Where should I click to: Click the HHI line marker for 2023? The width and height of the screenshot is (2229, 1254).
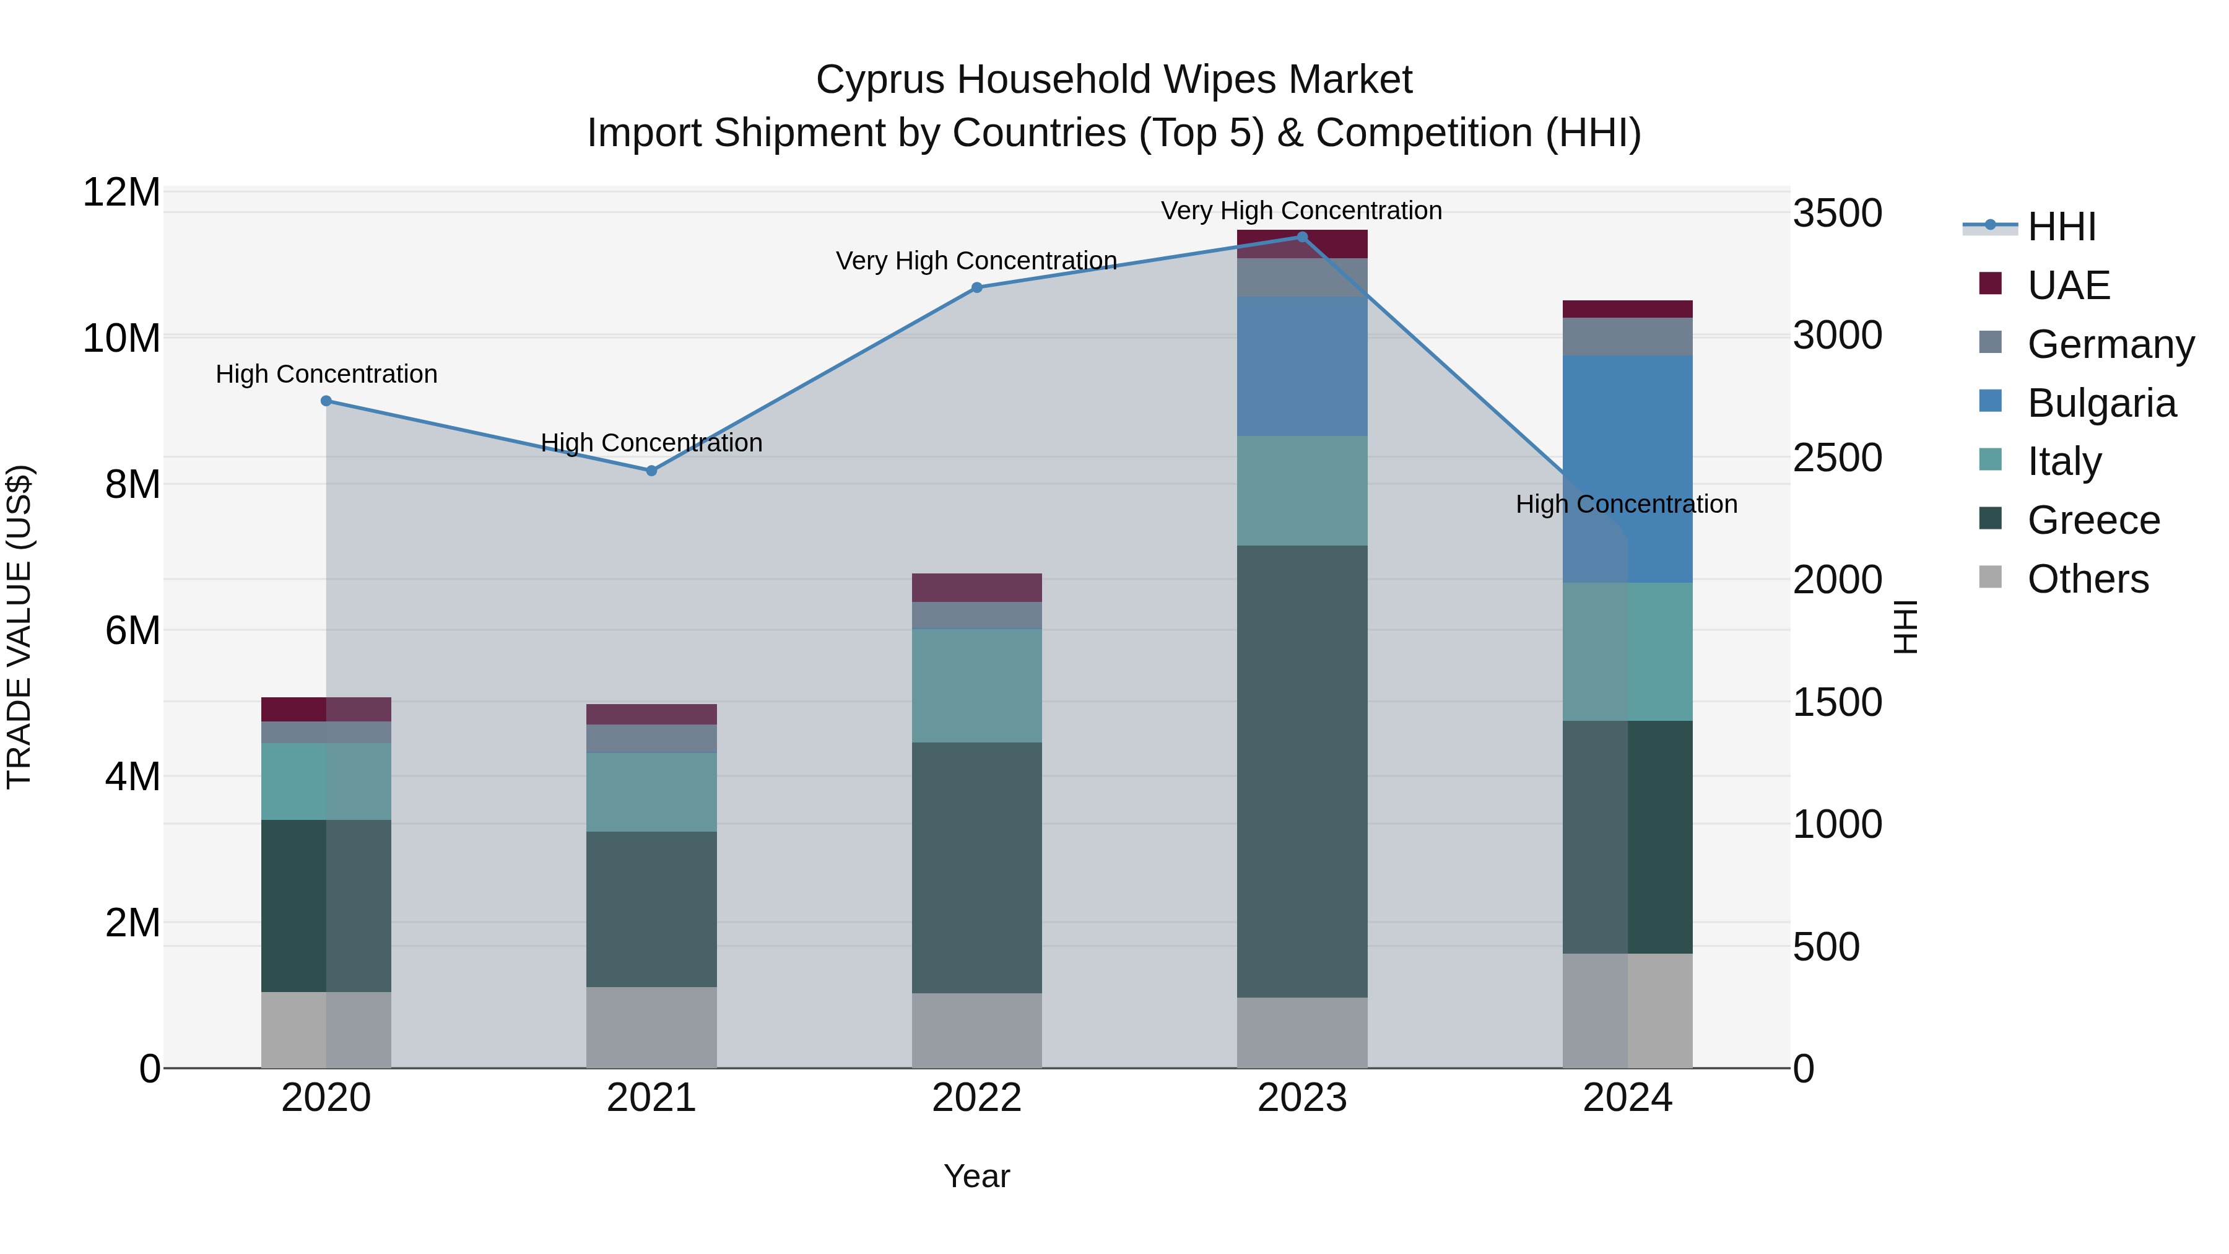(x=1301, y=237)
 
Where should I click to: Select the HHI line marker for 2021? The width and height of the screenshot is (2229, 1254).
(x=651, y=471)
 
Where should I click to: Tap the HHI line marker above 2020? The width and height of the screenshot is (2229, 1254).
(x=326, y=401)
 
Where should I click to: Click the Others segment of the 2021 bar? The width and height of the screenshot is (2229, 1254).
(x=651, y=1027)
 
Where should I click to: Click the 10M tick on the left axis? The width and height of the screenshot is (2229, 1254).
(x=121, y=338)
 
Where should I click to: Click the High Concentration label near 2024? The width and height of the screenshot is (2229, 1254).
(x=1626, y=503)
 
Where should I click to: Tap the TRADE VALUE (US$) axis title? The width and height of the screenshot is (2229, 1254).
(x=20, y=627)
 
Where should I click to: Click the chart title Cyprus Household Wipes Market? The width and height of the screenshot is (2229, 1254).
(x=1114, y=80)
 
